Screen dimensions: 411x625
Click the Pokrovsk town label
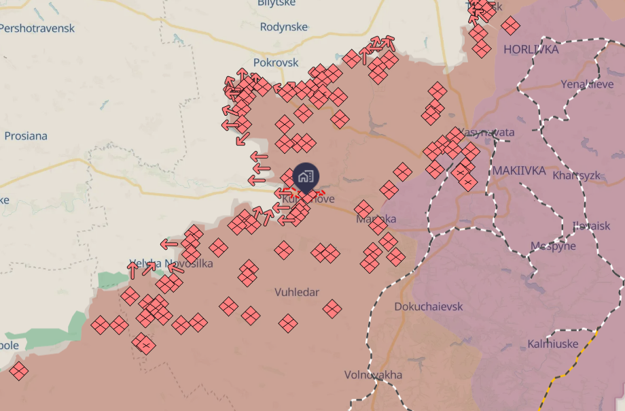276,62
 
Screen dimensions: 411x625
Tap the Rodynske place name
284,27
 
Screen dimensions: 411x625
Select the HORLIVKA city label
531,50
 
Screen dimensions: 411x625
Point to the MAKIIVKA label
520,170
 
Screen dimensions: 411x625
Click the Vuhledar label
297,292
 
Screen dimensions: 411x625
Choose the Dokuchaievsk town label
429,306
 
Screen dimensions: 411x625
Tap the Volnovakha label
373,375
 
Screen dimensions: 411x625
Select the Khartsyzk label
577,175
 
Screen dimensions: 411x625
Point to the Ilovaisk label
591,225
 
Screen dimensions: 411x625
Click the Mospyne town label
553,246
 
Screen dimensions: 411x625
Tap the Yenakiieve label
588,84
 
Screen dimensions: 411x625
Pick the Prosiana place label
26,135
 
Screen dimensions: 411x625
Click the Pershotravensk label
37,29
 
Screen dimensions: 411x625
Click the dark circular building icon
305,177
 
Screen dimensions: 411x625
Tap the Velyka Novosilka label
171,263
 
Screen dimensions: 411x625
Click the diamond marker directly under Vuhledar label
289,323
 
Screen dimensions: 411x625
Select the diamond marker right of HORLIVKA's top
511,26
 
